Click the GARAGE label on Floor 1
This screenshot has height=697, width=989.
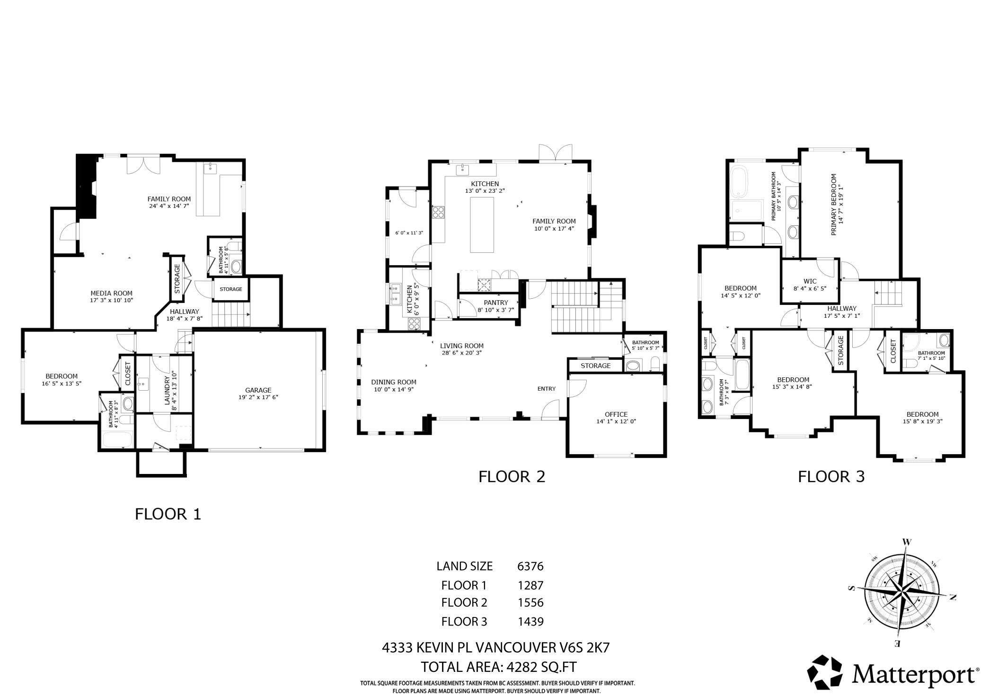258,390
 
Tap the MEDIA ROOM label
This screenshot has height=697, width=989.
111,293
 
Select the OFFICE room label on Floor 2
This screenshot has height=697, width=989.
616,414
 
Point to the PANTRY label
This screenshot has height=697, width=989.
495,303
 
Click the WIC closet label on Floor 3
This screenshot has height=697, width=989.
810,281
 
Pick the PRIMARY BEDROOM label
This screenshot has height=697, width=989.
833,205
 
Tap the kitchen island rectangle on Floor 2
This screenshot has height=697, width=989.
482,225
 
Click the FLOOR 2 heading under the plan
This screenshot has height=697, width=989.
512,476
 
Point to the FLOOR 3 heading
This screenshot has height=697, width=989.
831,476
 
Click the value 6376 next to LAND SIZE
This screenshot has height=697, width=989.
530,566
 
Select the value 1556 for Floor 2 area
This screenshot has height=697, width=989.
530,603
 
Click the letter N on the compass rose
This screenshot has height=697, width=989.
952,598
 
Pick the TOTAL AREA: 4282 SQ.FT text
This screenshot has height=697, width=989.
499,667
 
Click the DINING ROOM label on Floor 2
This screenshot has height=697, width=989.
393,382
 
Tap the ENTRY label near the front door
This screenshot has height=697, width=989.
546,389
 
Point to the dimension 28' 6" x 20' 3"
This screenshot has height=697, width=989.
461,353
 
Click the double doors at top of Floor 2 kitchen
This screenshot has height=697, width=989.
556,154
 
